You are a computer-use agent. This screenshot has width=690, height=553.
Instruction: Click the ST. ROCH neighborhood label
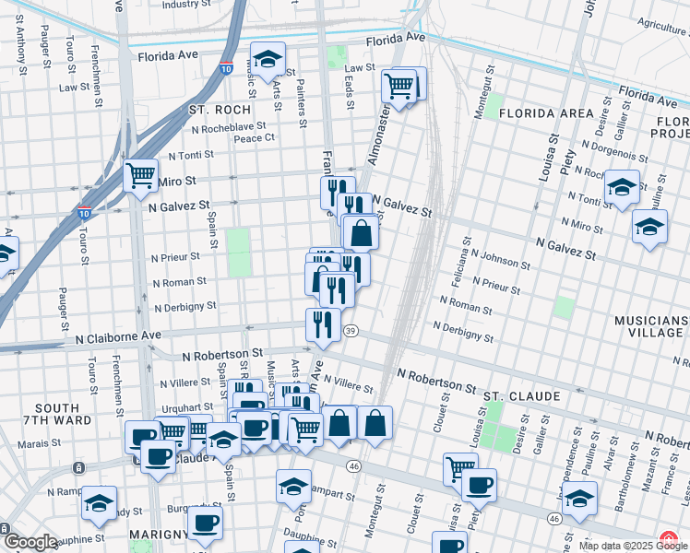214,109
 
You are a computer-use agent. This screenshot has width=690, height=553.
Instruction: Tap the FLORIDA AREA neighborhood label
546,113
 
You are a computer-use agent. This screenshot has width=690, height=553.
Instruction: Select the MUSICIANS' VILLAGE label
651,329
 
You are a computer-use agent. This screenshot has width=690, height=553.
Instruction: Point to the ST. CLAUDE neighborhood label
522,396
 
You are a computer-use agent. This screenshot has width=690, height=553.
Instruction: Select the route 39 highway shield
351,331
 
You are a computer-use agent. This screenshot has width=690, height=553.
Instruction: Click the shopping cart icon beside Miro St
140,175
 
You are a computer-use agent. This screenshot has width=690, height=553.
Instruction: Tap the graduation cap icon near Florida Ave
268,59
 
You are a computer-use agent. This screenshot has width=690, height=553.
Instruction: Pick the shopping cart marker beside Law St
399,87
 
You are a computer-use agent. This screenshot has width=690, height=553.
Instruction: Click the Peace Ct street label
255,138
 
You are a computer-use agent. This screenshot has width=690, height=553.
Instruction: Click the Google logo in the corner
30,542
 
